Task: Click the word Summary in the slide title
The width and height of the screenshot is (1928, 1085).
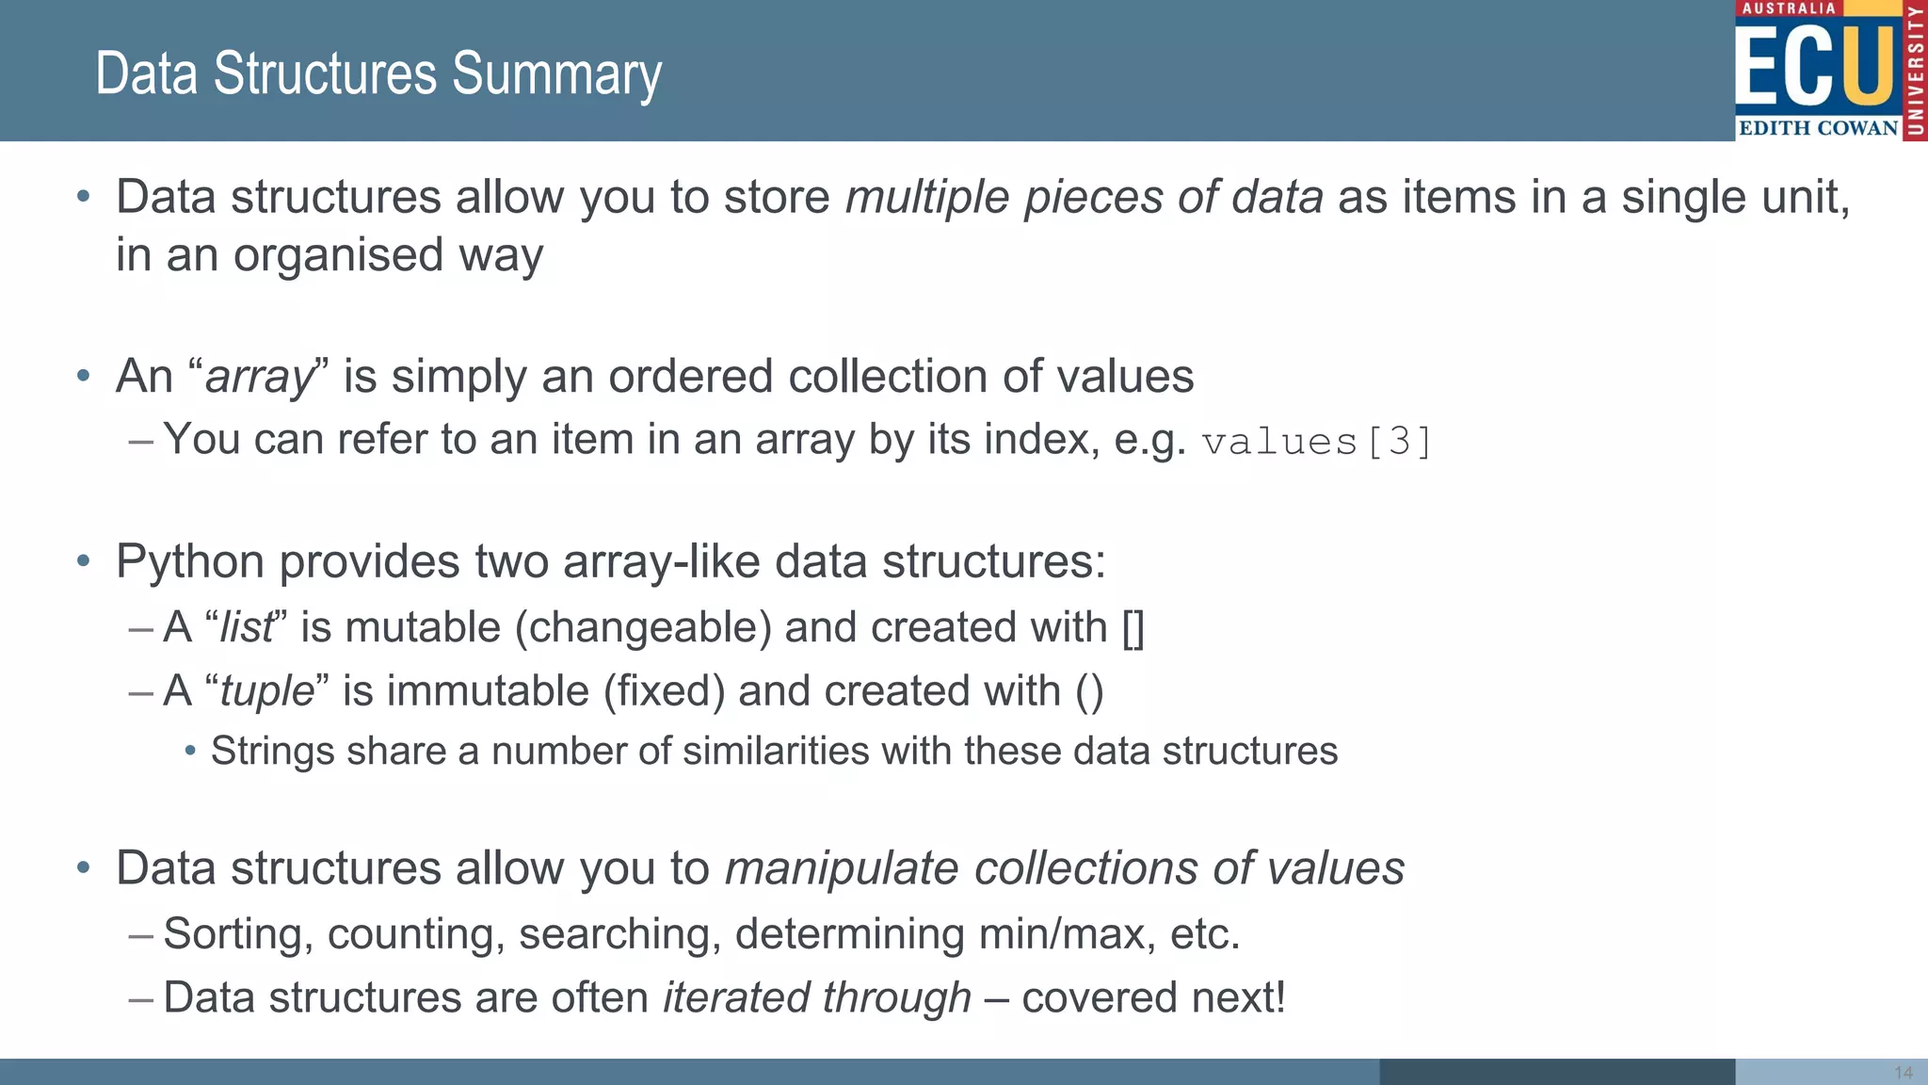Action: coord(556,74)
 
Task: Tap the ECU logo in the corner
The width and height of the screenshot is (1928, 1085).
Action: coord(1829,71)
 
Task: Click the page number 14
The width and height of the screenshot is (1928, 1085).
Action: coord(1903,1073)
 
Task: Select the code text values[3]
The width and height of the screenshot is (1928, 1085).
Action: coord(1316,442)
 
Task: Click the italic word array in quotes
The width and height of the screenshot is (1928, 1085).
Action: coord(258,378)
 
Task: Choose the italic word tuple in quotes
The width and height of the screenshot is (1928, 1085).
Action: coord(266,691)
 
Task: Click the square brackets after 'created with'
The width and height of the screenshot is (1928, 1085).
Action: coord(1133,628)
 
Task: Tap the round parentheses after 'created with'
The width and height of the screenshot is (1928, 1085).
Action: coord(1089,691)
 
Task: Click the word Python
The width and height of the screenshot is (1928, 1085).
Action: coord(190,562)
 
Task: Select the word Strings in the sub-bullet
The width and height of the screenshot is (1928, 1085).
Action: coord(272,752)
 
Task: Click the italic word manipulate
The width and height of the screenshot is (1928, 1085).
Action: coord(842,868)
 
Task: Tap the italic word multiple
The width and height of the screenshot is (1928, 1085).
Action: coord(927,198)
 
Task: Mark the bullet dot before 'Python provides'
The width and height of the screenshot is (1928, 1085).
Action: coord(84,562)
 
